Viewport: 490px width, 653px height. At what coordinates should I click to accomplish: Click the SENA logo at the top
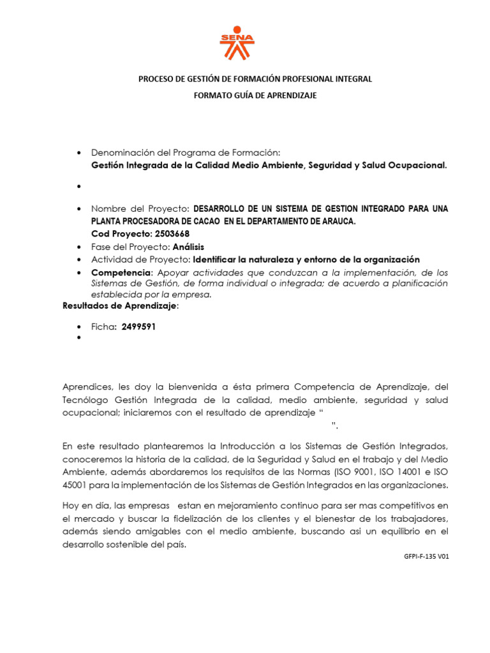(237, 43)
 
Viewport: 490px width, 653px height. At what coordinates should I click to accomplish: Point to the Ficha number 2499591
(138, 326)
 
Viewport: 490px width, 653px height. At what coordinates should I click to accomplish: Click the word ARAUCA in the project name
(335, 221)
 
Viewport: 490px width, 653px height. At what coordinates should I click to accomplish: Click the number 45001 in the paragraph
(77, 485)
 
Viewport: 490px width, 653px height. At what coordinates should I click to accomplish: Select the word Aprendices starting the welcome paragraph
(86, 386)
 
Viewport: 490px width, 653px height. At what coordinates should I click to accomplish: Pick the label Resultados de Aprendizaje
(120, 306)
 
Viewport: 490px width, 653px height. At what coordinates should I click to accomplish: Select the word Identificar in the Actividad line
(216, 260)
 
